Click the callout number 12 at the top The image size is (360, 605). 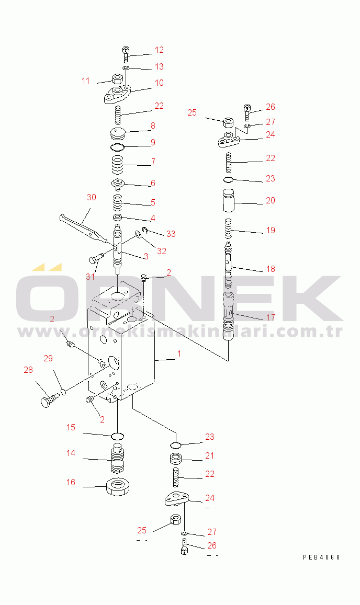(159, 50)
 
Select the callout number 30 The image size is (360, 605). (92, 197)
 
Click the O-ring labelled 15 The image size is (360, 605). (118, 436)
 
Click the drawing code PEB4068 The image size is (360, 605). (321, 557)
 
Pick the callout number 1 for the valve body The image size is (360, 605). (179, 354)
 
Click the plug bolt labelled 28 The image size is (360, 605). (47, 401)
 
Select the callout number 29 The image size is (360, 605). (48, 358)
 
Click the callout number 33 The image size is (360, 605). (171, 233)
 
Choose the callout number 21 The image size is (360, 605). (209, 456)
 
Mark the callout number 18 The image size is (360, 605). (271, 269)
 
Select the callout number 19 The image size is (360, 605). (271, 230)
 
